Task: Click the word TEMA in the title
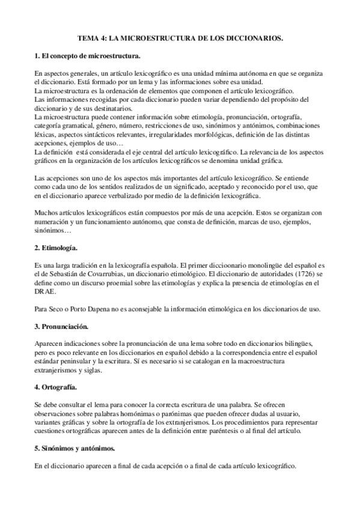(x=88, y=38)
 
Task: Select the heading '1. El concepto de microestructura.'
(x=87, y=56)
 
